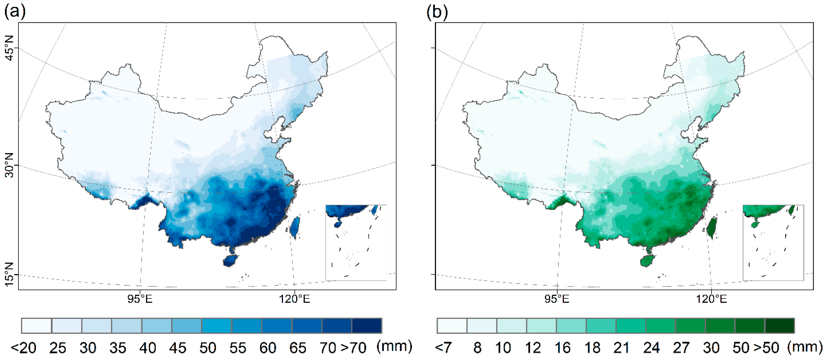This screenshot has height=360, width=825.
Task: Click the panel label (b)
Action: (x=437, y=12)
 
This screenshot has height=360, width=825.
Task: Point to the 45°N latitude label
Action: (x=10, y=48)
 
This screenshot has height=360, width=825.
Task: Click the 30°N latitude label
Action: (x=10, y=165)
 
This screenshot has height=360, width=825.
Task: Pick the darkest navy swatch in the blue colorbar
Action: (x=367, y=326)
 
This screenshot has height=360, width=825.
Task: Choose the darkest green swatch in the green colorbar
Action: (x=780, y=326)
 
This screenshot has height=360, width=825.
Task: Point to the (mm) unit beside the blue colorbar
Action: (x=394, y=347)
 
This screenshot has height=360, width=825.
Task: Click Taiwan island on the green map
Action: (x=712, y=228)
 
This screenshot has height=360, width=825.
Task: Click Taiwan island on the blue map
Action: (x=295, y=227)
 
